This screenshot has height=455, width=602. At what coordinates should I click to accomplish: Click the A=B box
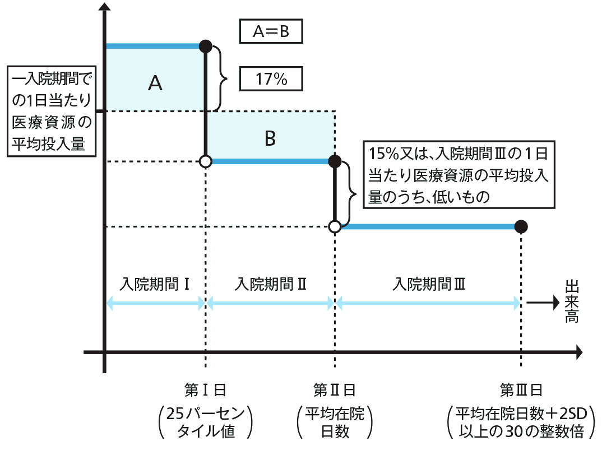271,32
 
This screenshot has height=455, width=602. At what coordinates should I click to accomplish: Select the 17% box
271,79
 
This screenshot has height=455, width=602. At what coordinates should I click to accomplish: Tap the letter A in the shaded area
155,83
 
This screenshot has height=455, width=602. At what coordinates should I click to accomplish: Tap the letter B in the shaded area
270,138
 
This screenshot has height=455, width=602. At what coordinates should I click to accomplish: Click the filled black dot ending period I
206,45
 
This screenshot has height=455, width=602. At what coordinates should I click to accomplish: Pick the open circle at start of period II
206,162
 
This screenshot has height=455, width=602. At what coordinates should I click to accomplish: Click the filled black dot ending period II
335,162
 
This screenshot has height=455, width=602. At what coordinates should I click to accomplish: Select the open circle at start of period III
335,226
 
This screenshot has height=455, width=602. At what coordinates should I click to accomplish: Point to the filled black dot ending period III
521,226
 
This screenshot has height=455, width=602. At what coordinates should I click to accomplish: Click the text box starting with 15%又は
459,174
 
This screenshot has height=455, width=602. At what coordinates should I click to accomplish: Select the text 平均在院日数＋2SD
521,415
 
